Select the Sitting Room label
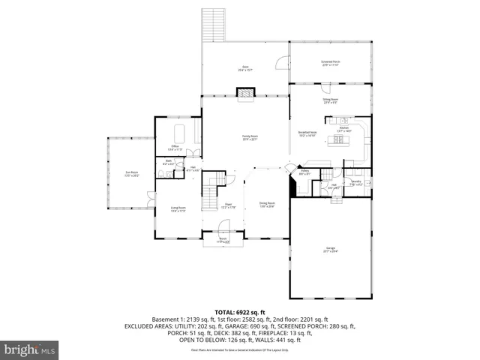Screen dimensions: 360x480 click(x=331, y=100)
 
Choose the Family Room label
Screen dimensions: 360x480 click(x=249, y=138)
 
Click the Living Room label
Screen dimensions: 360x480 click(x=178, y=209)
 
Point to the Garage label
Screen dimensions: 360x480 click(x=331, y=250)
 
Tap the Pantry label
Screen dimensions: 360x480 click(x=305, y=172)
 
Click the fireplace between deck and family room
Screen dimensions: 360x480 click(x=245, y=92)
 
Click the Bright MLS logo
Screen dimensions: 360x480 click(x=30, y=350)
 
